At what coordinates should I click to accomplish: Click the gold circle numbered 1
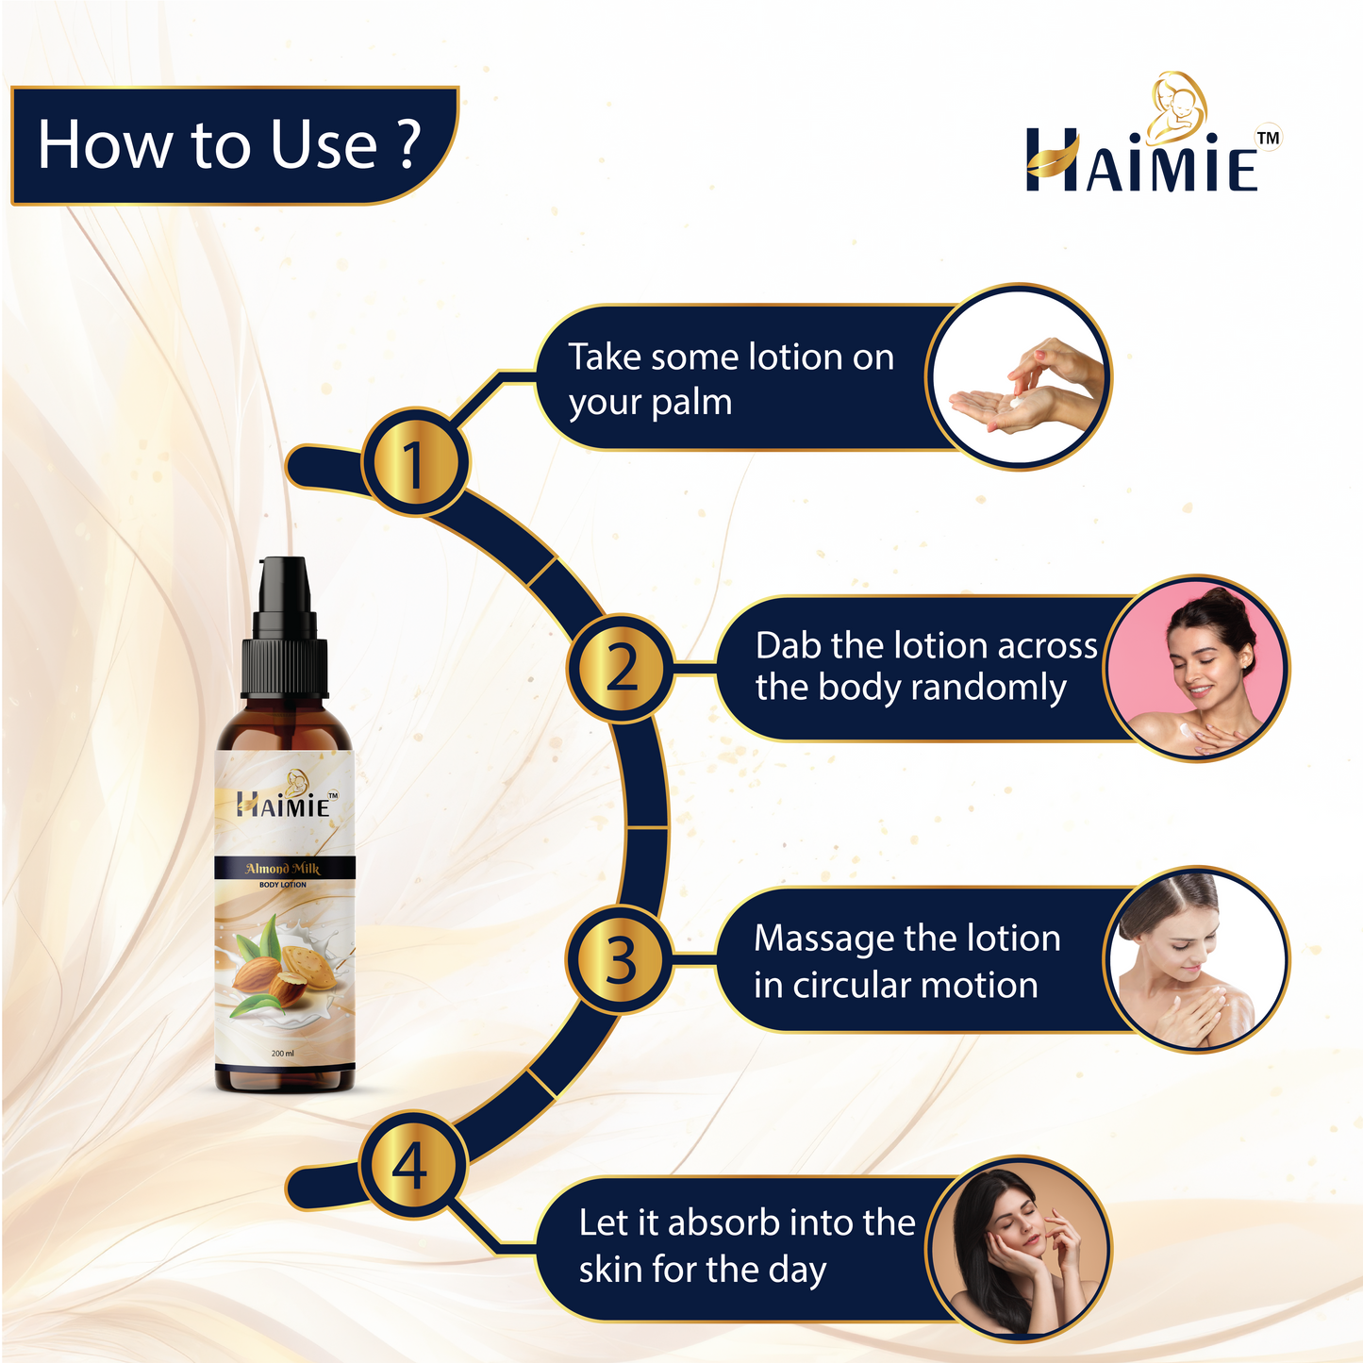coord(415,463)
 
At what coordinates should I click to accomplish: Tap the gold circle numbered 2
coord(621,667)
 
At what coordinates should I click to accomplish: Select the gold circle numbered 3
coord(621,959)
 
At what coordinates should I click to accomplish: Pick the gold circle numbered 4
coord(412,1165)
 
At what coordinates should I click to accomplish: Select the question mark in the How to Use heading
coord(407,143)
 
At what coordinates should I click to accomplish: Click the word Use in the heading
coord(324,144)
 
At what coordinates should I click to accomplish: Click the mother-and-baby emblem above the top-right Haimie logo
coord(1178,107)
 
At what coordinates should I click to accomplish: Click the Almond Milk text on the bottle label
coord(282,868)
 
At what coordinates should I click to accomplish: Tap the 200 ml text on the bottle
coord(282,1054)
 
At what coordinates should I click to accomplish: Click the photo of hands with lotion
coord(1018,376)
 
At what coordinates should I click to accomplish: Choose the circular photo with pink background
coord(1196,668)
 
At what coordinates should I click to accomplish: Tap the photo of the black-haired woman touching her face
coord(1018,1249)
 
